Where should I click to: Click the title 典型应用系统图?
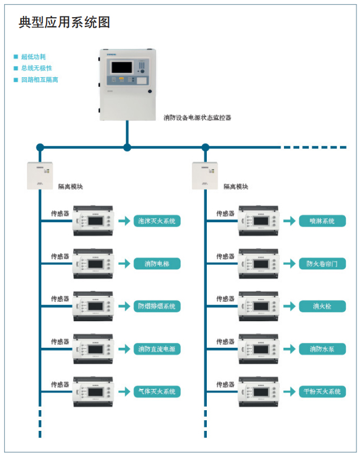click(x=64, y=22)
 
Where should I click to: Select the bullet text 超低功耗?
click(x=33, y=57)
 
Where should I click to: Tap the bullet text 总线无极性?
click(x=37, y=68)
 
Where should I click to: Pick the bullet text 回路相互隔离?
click(x=39, y=80)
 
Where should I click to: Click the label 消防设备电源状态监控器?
click(x=197, y=118)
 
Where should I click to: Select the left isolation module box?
click(x=40, y=175)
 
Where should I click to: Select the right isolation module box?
click(x=206, y=175)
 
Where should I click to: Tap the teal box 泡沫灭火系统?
click(x=157, y=221)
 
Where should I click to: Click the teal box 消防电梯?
click(x=157, y=263)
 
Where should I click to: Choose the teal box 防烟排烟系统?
click(x=157, y=306)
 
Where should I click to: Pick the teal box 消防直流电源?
click(x=157, y=349)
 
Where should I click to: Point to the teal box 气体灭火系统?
click(x=157, y=391)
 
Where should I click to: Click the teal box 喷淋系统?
click(x=322, y=221)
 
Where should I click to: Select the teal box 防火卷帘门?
click(x=322, y=263)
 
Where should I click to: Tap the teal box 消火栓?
click(x=322, y=306)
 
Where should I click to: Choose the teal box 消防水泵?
click(x=322, y=349)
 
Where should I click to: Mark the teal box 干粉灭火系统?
click(x=322, y=391)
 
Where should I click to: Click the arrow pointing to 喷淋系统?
click(x=289, y=221)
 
